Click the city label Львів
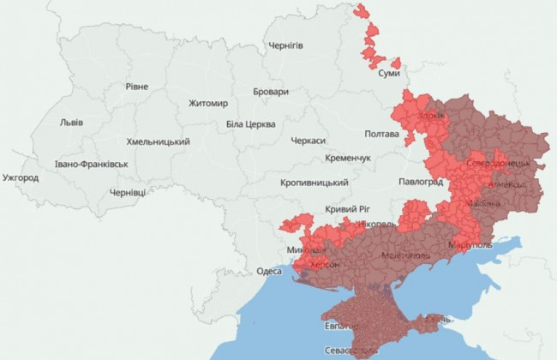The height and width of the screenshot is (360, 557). (x=71, y=123)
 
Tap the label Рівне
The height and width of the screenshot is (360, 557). (x=136, y=87)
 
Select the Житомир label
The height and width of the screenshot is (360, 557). (x=208, y=104)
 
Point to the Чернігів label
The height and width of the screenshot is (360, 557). (x=285, y=45)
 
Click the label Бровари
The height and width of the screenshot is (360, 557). (x=271, y=92)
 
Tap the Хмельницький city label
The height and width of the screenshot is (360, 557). (x=158, y=141)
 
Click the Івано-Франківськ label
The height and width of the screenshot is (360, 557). (x=91, y=164)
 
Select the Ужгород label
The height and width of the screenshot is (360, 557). (x=21, y=178)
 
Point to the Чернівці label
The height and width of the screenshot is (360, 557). (x=128, y=193)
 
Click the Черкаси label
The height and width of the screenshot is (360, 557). (x=308, y=141)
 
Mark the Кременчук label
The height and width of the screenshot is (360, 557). (x=348, y=159)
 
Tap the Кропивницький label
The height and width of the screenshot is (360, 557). (x=314, y=183)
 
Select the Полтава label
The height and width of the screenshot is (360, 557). (x=382, y=135)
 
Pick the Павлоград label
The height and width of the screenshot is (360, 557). (x=421, y=183)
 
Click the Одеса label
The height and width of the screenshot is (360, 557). (x=269, y=272)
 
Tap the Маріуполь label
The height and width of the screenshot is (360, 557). (x=470, y=245)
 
